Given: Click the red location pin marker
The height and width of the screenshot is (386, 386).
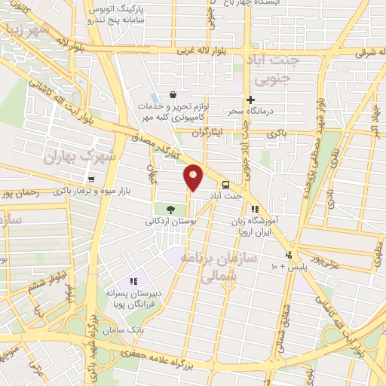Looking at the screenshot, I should tap(193, 177).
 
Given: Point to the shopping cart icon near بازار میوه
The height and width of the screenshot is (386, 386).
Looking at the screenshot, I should tap(91, 179).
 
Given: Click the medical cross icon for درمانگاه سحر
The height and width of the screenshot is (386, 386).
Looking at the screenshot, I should tap(251, 100).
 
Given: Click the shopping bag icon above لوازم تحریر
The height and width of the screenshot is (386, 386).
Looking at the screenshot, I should tap(173, 95).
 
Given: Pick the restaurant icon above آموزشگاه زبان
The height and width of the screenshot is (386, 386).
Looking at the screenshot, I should tap(256, 209).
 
